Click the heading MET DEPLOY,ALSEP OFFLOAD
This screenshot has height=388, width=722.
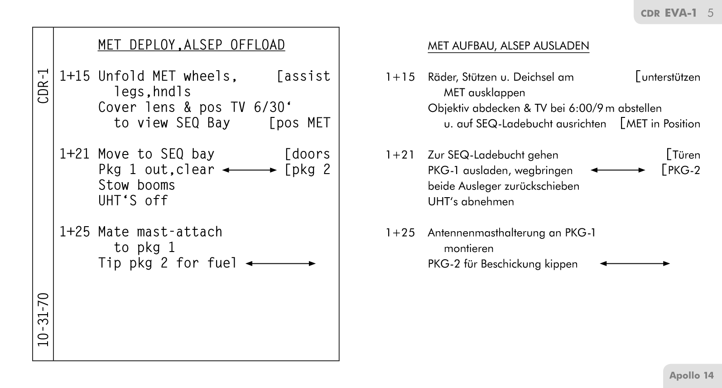click(191, 45)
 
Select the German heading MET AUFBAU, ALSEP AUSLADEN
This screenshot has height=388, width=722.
click(508, 46)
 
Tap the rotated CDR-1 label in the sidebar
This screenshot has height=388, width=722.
click(43, 86)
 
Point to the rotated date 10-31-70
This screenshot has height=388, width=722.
click(43, 320)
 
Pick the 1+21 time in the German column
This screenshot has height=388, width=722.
click(400, 155)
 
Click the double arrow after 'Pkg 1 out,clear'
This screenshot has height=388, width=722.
click(250, 170)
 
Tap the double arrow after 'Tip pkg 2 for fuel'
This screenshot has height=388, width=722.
click(280, 263)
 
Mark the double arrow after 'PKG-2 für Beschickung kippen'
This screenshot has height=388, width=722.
click(635, 263)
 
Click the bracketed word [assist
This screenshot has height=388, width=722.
click(303, 76)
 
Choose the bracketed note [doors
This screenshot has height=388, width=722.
click(307, 154)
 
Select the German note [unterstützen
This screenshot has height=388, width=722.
click(668, 77)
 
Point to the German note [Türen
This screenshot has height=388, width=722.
click(683, 155)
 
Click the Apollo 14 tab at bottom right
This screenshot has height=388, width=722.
click(691, 375)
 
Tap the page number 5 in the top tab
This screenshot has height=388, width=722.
click(710, 13)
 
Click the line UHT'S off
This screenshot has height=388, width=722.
click(133, 201)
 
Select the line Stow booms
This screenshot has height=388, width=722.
click(137, 185)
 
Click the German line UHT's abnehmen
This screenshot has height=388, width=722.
click(471, 201)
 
